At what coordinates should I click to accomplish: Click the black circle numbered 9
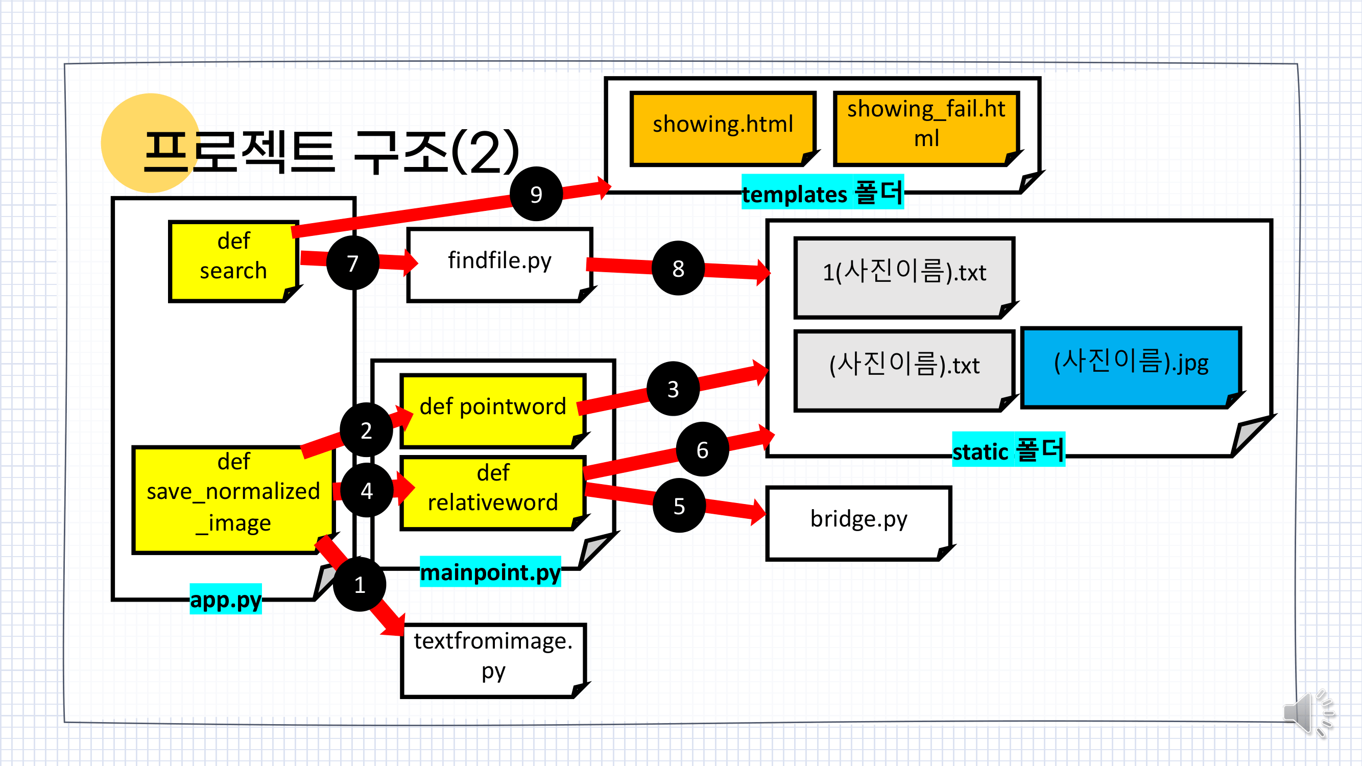(536, 194)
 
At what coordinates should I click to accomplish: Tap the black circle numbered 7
(353, 262)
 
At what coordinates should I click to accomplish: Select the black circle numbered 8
(678, 268)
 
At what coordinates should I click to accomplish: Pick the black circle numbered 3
(673, 389)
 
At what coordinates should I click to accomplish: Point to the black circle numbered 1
(360, 584)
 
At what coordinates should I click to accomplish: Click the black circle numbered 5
(679, 506)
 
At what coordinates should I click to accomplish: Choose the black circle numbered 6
(702, 449)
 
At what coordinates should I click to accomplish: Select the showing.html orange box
(722, 127)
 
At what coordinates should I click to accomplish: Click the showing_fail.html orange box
(926, 127)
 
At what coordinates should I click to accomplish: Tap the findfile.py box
(499, 264)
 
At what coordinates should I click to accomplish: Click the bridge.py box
(858, 522)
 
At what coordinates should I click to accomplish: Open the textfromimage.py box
(493, 659)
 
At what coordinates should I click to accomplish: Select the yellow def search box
(233, 260)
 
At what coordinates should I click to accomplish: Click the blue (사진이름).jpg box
(1131, 366)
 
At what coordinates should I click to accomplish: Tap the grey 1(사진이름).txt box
(903, 276)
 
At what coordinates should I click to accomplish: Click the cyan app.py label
(226, 599)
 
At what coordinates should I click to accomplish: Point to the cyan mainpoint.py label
(490, 571)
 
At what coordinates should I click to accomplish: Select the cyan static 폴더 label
(1008, 450)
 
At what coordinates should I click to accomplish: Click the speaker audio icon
(1306, 712)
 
